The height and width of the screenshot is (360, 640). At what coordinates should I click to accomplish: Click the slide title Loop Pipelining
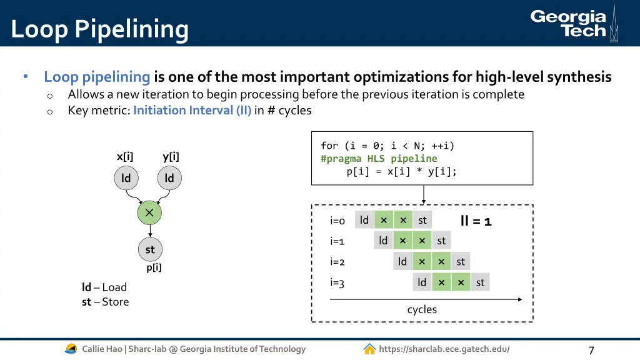[x=99, y=29]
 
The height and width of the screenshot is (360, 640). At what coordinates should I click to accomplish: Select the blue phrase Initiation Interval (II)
[x=192, y=111]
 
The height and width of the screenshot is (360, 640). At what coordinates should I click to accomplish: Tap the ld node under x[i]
[x=126, y=178]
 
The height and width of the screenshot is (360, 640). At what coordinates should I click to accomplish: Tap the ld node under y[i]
[x=169, y=178]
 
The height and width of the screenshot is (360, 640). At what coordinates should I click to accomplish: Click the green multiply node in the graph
[x=149, y=213]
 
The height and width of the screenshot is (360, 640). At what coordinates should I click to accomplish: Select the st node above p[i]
[x=150, y=249]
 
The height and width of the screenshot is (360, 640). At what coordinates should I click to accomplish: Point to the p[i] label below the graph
[x=154, y=268]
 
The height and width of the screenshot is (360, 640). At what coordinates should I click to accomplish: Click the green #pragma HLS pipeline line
[x=379, y=159]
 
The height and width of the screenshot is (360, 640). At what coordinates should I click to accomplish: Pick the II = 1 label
[x=476, y=221]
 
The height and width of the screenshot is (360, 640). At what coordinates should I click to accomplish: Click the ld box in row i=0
[x=364, y=220]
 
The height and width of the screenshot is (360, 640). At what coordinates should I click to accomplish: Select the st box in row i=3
[x=480, y=282]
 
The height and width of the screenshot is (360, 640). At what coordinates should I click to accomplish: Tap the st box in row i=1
[x=441, y=241]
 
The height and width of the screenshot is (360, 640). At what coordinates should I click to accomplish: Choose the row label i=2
[x=337, y=262]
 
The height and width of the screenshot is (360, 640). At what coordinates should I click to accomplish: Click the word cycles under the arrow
[x=422, y=309]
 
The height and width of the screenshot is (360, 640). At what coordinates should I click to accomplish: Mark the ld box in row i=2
[x=402, y=261]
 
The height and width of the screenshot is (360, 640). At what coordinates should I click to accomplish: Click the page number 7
[x=591, y=350]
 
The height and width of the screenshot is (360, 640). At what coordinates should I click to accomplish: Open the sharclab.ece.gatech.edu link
[x=444, y=349]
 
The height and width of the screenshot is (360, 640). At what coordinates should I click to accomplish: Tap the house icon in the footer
[x=369, y=349]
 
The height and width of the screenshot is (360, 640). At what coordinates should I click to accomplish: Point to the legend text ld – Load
[x=104, y=287]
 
